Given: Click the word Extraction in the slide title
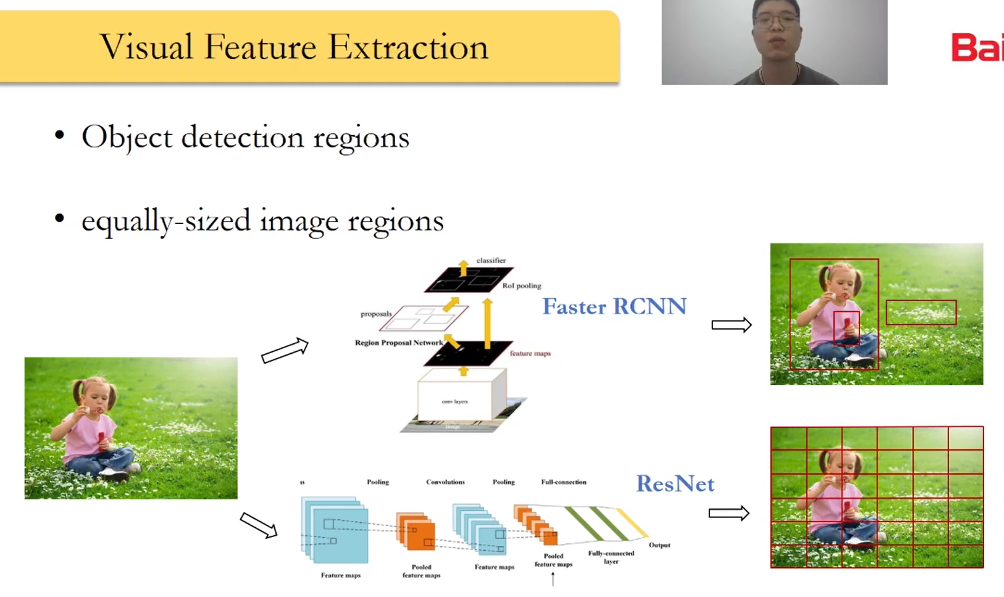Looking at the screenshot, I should pos(408,47).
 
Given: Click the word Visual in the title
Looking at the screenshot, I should pos(146,47).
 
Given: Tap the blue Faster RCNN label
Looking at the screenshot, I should pos(614,306).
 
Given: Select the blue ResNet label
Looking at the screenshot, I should pos(675,483).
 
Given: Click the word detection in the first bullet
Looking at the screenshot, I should pos(243,136).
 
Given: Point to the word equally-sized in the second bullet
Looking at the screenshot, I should pos(165,220).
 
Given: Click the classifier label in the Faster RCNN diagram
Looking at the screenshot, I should pos(491,261).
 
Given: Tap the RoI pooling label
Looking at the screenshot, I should pos(521,286).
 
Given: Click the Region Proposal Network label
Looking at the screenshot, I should pos(399,343).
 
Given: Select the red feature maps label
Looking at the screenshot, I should pos(530,354).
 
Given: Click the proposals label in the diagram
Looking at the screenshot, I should pos(376,314).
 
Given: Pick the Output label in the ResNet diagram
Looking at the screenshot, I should pos(659,545).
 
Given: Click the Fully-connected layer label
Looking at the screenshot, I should pos(611,557).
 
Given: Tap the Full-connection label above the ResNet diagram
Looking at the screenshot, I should pos(563,482).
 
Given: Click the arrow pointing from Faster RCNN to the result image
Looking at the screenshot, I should pos(731,325).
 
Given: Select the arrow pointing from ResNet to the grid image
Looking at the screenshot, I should pos(729,513).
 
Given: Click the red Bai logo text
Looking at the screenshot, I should pos(977,48).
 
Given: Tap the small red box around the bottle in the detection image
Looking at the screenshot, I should pos(846,328).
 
